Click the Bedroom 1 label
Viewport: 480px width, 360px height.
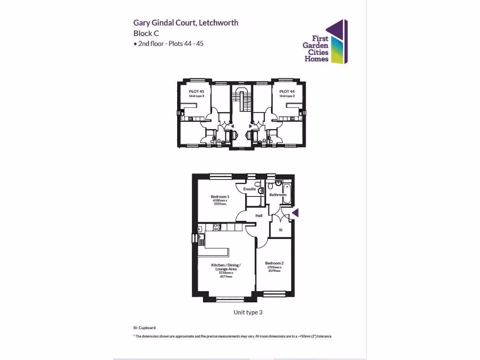tap(220, 196)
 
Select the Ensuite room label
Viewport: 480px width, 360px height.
tap(249, 189)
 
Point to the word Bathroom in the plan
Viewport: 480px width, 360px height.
tap(277, 195)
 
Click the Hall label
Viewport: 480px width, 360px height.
tap(259, 216)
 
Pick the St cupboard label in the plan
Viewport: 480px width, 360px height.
tap(281, 230)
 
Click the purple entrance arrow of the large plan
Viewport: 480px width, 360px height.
tap(295, 214)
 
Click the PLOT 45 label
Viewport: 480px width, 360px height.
tap(196, 91)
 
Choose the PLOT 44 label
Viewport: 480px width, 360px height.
tap(287, 91)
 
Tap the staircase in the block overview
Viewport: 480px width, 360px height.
tap(242, 98)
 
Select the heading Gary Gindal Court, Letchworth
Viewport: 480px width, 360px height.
tap(186, 22)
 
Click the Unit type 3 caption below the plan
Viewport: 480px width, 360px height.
tap(248, 312)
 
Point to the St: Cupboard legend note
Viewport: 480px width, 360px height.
tap(144, 328)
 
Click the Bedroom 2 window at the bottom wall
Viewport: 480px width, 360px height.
tap(274, 294)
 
